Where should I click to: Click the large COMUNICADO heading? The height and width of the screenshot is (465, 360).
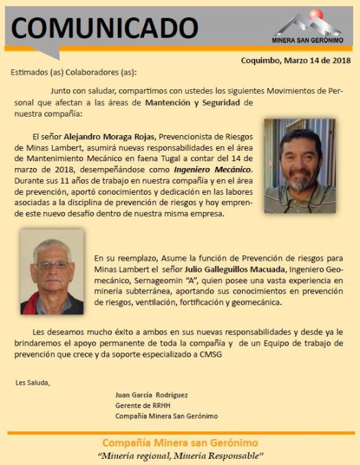[x=104, y=27]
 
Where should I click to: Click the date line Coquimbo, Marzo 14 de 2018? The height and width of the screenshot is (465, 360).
[x=296, y=60]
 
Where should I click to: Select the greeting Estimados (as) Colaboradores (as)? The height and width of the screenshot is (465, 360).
[x=73, y=72]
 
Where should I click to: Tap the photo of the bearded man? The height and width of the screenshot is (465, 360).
[x=300, y=165]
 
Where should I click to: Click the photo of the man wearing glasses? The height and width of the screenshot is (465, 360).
[x=51, y=272]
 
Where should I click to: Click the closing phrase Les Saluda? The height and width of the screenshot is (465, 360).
[x=32, y=382]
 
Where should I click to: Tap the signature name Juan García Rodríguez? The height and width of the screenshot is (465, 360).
[x=151, y=394]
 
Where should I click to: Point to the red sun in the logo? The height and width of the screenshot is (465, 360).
[x=316, y=14]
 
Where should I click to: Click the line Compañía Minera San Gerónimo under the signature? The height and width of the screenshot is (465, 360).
[x=166, y=416]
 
